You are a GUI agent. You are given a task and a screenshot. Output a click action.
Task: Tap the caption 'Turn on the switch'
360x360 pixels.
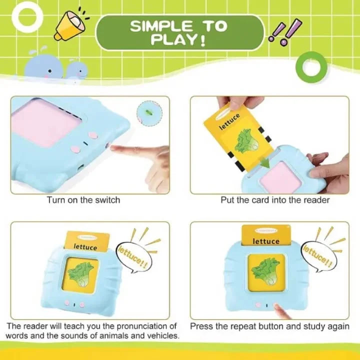[83, 200]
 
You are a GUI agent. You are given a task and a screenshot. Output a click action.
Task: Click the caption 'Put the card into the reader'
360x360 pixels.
[275, 200]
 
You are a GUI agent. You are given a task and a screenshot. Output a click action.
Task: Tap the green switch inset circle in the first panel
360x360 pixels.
[147, 109]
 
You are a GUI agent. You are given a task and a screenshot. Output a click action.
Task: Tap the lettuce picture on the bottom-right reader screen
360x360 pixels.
[265, 270]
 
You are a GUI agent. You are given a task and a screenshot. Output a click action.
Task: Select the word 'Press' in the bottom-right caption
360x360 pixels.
[201, 326]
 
